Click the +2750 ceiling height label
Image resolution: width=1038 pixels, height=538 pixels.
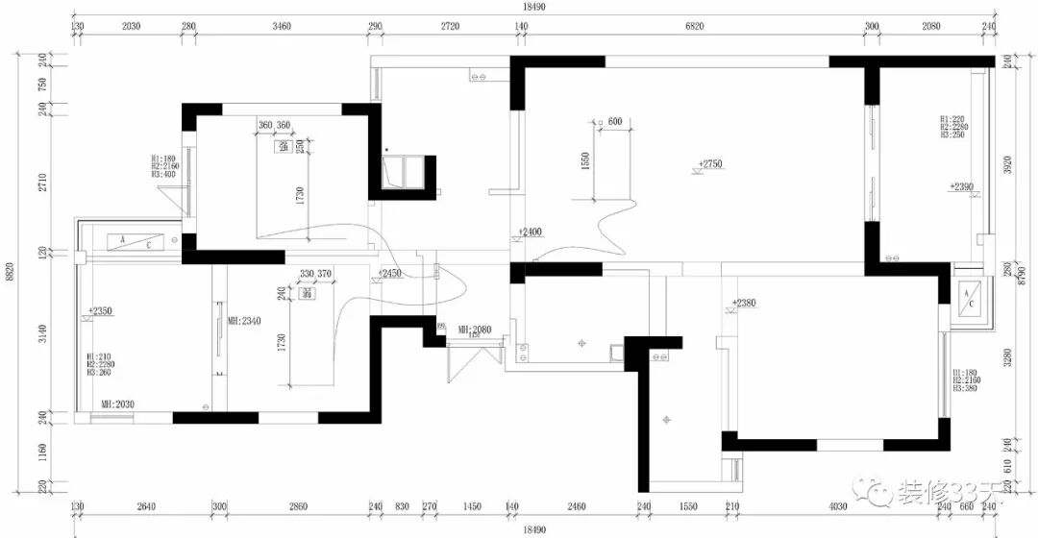click(711, 164)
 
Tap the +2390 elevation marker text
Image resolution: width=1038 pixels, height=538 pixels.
click(962, 186)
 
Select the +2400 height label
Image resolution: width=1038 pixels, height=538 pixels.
click(530, 232)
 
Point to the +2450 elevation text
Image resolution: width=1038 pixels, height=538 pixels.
click(390, 273)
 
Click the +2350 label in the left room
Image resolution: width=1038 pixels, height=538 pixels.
click(100, 311)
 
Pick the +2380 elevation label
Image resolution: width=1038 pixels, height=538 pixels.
click(744, 303)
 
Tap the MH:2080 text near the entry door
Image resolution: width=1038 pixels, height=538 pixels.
click(475, 330)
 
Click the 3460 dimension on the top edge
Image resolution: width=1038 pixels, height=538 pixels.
click(282, 27)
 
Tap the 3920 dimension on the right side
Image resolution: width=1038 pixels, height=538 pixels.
click(1007, 165)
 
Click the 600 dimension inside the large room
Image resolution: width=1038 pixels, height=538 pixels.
click(615, 122)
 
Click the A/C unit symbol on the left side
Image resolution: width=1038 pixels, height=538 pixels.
click(135, 241)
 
